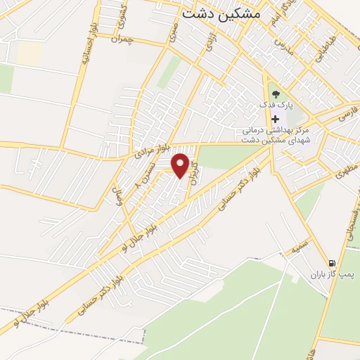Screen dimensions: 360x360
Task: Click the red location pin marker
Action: (181, 165)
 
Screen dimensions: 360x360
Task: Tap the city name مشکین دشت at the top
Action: (221, 13)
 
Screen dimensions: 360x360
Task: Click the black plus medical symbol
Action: (274, 119)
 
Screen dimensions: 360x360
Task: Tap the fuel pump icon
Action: (332, 263)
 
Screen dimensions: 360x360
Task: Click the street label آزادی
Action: (209, 43)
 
